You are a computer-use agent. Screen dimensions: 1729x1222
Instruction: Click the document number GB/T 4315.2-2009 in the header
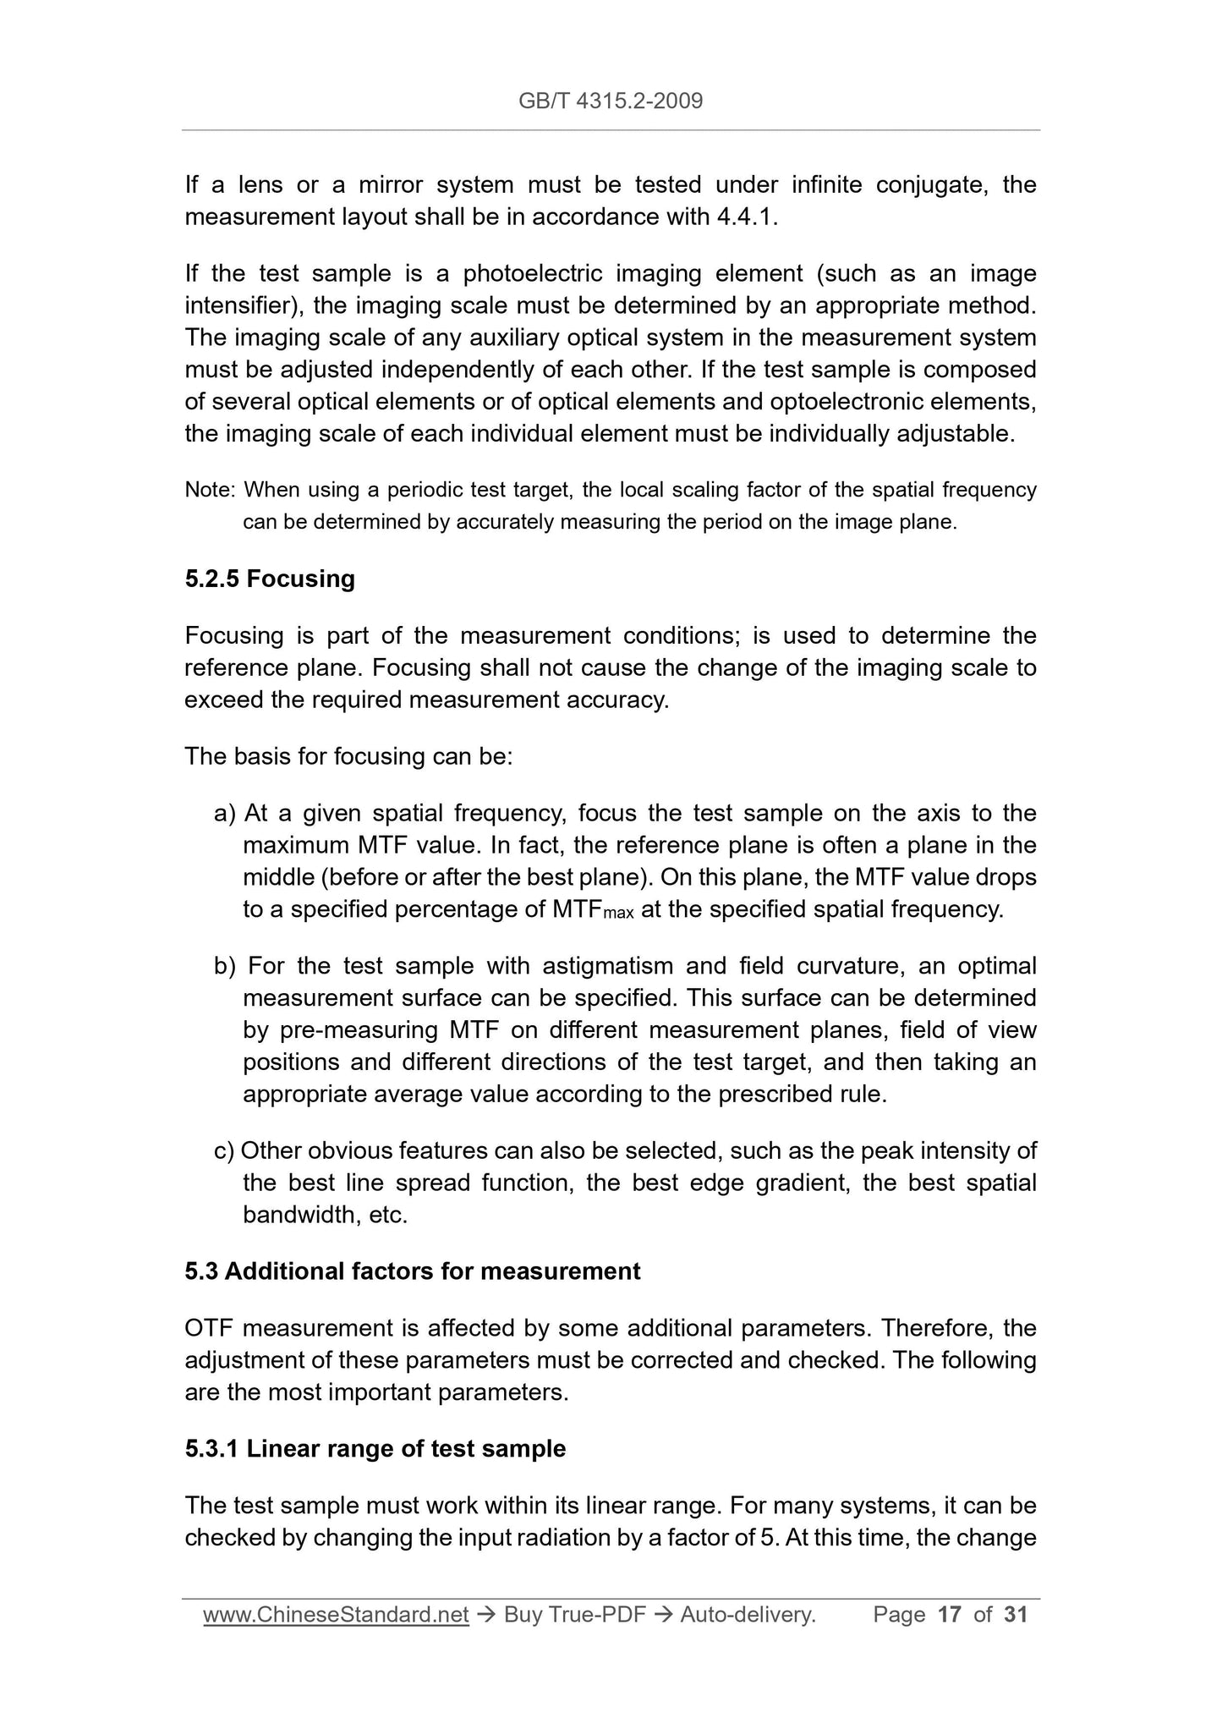[611, 102]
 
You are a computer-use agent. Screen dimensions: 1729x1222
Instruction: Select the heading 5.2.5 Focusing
[270, 579]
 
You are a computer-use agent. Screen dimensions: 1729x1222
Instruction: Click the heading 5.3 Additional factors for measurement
[413, 1271]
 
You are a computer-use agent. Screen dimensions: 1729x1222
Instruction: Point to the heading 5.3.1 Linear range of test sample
[375, 1449]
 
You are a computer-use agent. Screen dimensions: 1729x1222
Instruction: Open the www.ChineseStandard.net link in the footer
[336, 1615]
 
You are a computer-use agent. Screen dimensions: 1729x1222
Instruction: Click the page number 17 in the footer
[950, 1615]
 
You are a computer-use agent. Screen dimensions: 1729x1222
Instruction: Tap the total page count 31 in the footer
[1016, 1615]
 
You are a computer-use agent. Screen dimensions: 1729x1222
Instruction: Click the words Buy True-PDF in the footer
[574, 1615]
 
